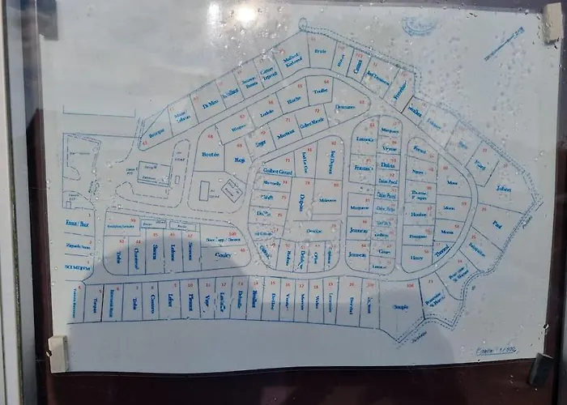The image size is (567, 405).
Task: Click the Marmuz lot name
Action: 284,136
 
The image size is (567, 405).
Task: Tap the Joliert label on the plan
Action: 505,188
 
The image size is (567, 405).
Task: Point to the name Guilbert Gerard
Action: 276,172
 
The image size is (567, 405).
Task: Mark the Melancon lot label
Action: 327,199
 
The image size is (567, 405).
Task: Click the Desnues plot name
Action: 345,106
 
